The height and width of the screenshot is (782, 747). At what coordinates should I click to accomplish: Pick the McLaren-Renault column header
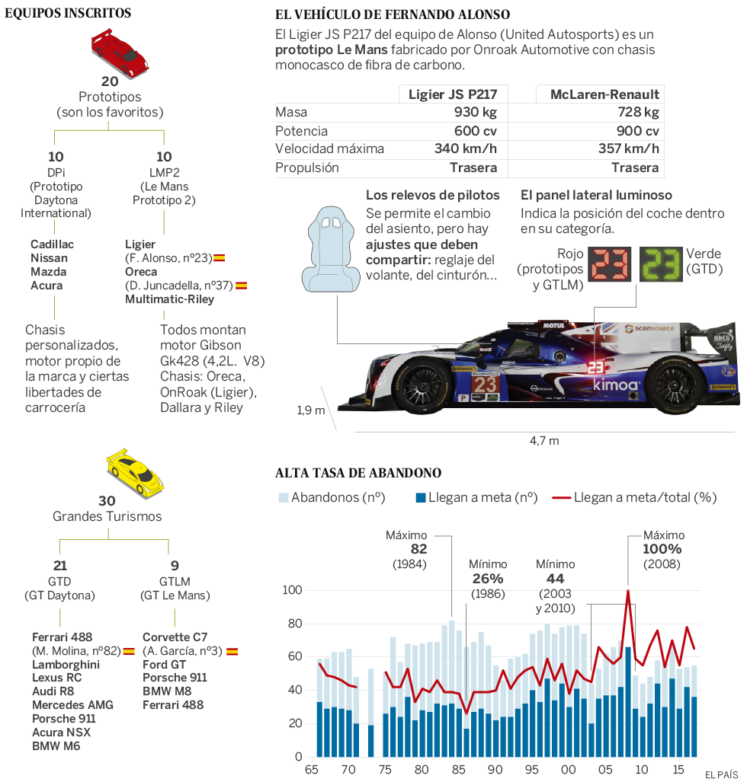click(606, 94)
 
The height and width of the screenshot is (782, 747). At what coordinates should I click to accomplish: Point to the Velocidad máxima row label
click(329, 149)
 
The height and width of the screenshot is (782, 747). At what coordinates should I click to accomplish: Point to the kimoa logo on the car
click(615, 385)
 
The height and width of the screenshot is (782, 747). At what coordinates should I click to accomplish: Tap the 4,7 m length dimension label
click(544, 440)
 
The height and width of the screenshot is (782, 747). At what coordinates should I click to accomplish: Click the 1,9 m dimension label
click(310, 411)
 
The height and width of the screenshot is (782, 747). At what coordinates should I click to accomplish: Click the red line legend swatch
click(561, 497)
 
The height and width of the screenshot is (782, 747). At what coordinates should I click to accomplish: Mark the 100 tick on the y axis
click(293, 590)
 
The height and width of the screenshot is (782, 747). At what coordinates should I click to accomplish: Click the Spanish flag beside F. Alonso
click(219, 258)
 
